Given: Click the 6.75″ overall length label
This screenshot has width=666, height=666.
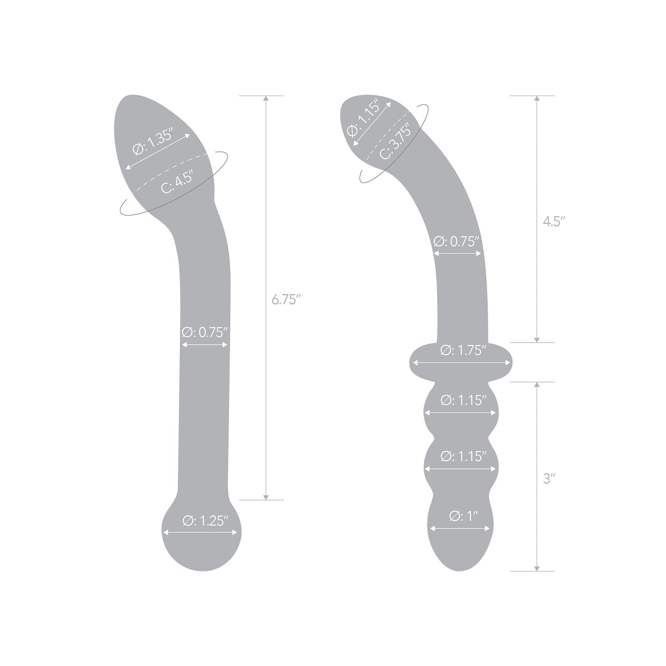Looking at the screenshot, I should [x=286, y=299].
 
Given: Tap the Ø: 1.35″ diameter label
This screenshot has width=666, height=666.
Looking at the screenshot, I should [x=152, y=142].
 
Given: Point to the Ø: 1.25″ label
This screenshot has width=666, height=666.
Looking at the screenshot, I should [x=205, y=521].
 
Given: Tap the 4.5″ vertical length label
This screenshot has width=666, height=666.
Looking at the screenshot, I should [x=554, y=221].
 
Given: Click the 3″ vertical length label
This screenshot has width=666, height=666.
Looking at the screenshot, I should [x=549, y=479].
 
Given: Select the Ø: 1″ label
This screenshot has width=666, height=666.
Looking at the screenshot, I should [x=463, y=516].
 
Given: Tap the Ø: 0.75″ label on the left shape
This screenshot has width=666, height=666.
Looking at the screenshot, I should [x=205, y=332].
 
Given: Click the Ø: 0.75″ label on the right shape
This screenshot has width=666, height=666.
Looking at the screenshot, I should [x=457, y=241].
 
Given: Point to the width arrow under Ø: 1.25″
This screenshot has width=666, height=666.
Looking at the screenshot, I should [x=201, y=532].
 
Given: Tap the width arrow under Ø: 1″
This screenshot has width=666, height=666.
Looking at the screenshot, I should [x=460, y=529].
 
